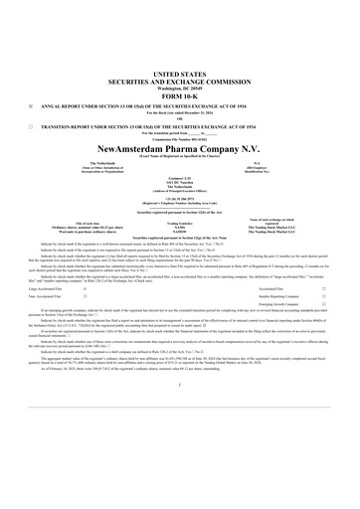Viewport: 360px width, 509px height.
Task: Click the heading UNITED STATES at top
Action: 179,74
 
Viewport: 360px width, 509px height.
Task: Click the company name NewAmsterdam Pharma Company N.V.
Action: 179,148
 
